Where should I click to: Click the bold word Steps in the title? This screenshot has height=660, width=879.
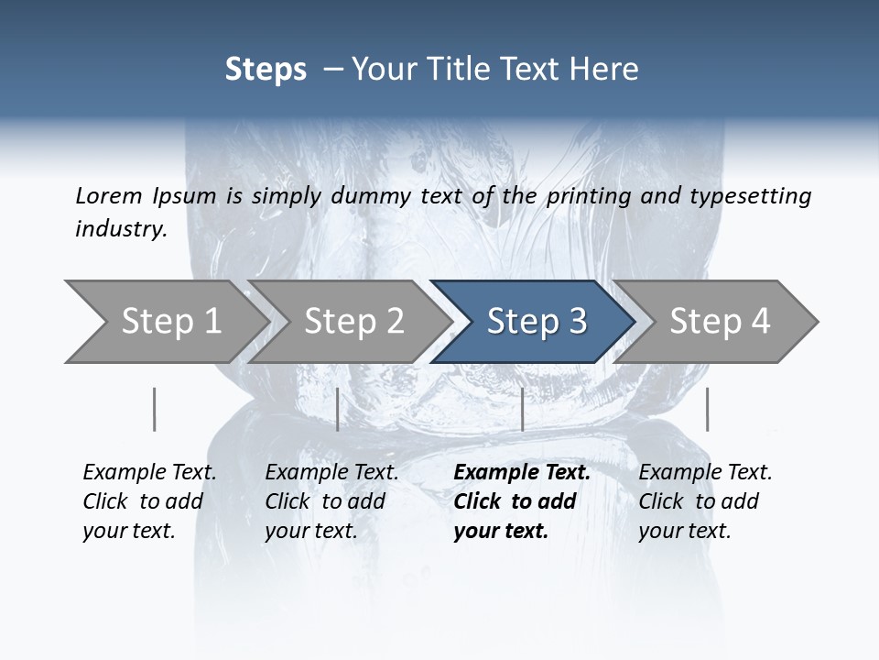click(266, 70)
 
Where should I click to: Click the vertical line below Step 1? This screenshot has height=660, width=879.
click(155, 409)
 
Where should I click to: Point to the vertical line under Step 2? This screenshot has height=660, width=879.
click(338, 409)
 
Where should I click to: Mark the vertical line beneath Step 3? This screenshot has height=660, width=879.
click(522, 409)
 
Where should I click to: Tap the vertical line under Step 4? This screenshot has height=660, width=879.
click(707, 409)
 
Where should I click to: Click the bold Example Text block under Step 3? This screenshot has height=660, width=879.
click(522, 501)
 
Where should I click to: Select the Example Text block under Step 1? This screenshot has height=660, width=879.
click(149, 501)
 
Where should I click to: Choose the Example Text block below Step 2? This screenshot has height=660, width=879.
click(331, 501)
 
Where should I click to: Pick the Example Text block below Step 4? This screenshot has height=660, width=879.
click(705, 501)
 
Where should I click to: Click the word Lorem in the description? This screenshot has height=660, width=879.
click(108, 195)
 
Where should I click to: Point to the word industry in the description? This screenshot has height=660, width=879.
click(120, 229)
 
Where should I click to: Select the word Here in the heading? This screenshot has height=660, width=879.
click(608, 70)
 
